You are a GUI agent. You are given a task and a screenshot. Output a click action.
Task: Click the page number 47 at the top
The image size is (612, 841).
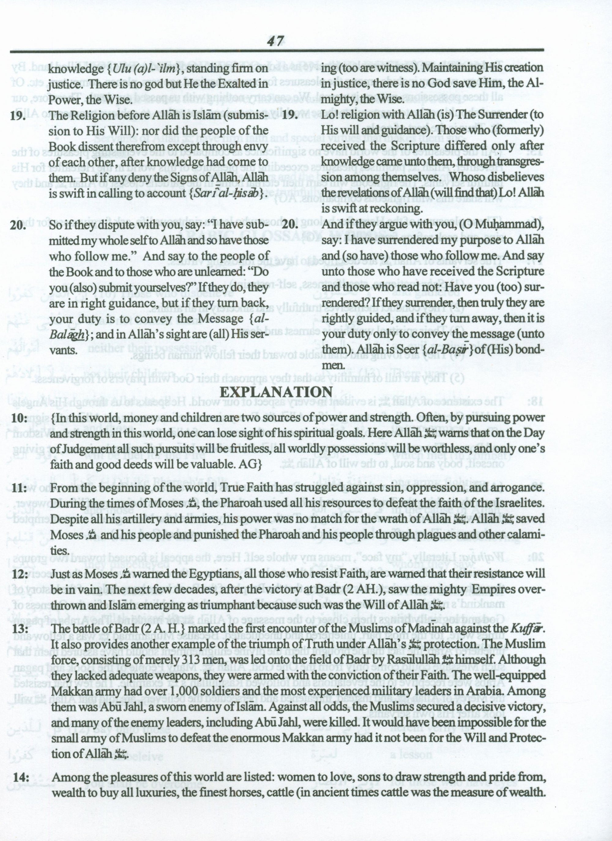275,40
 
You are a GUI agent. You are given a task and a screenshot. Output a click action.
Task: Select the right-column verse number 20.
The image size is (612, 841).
290,225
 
